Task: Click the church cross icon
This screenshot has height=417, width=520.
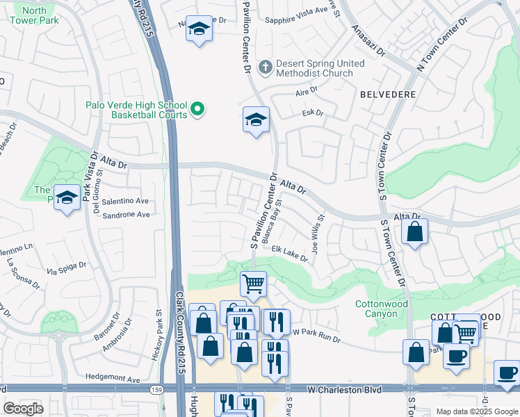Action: click(265, 67)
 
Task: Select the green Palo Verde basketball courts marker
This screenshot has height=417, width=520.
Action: click(197, 108)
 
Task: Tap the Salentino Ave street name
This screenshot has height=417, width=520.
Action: click(126, 201)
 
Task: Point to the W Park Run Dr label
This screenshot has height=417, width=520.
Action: click(316, 336)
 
